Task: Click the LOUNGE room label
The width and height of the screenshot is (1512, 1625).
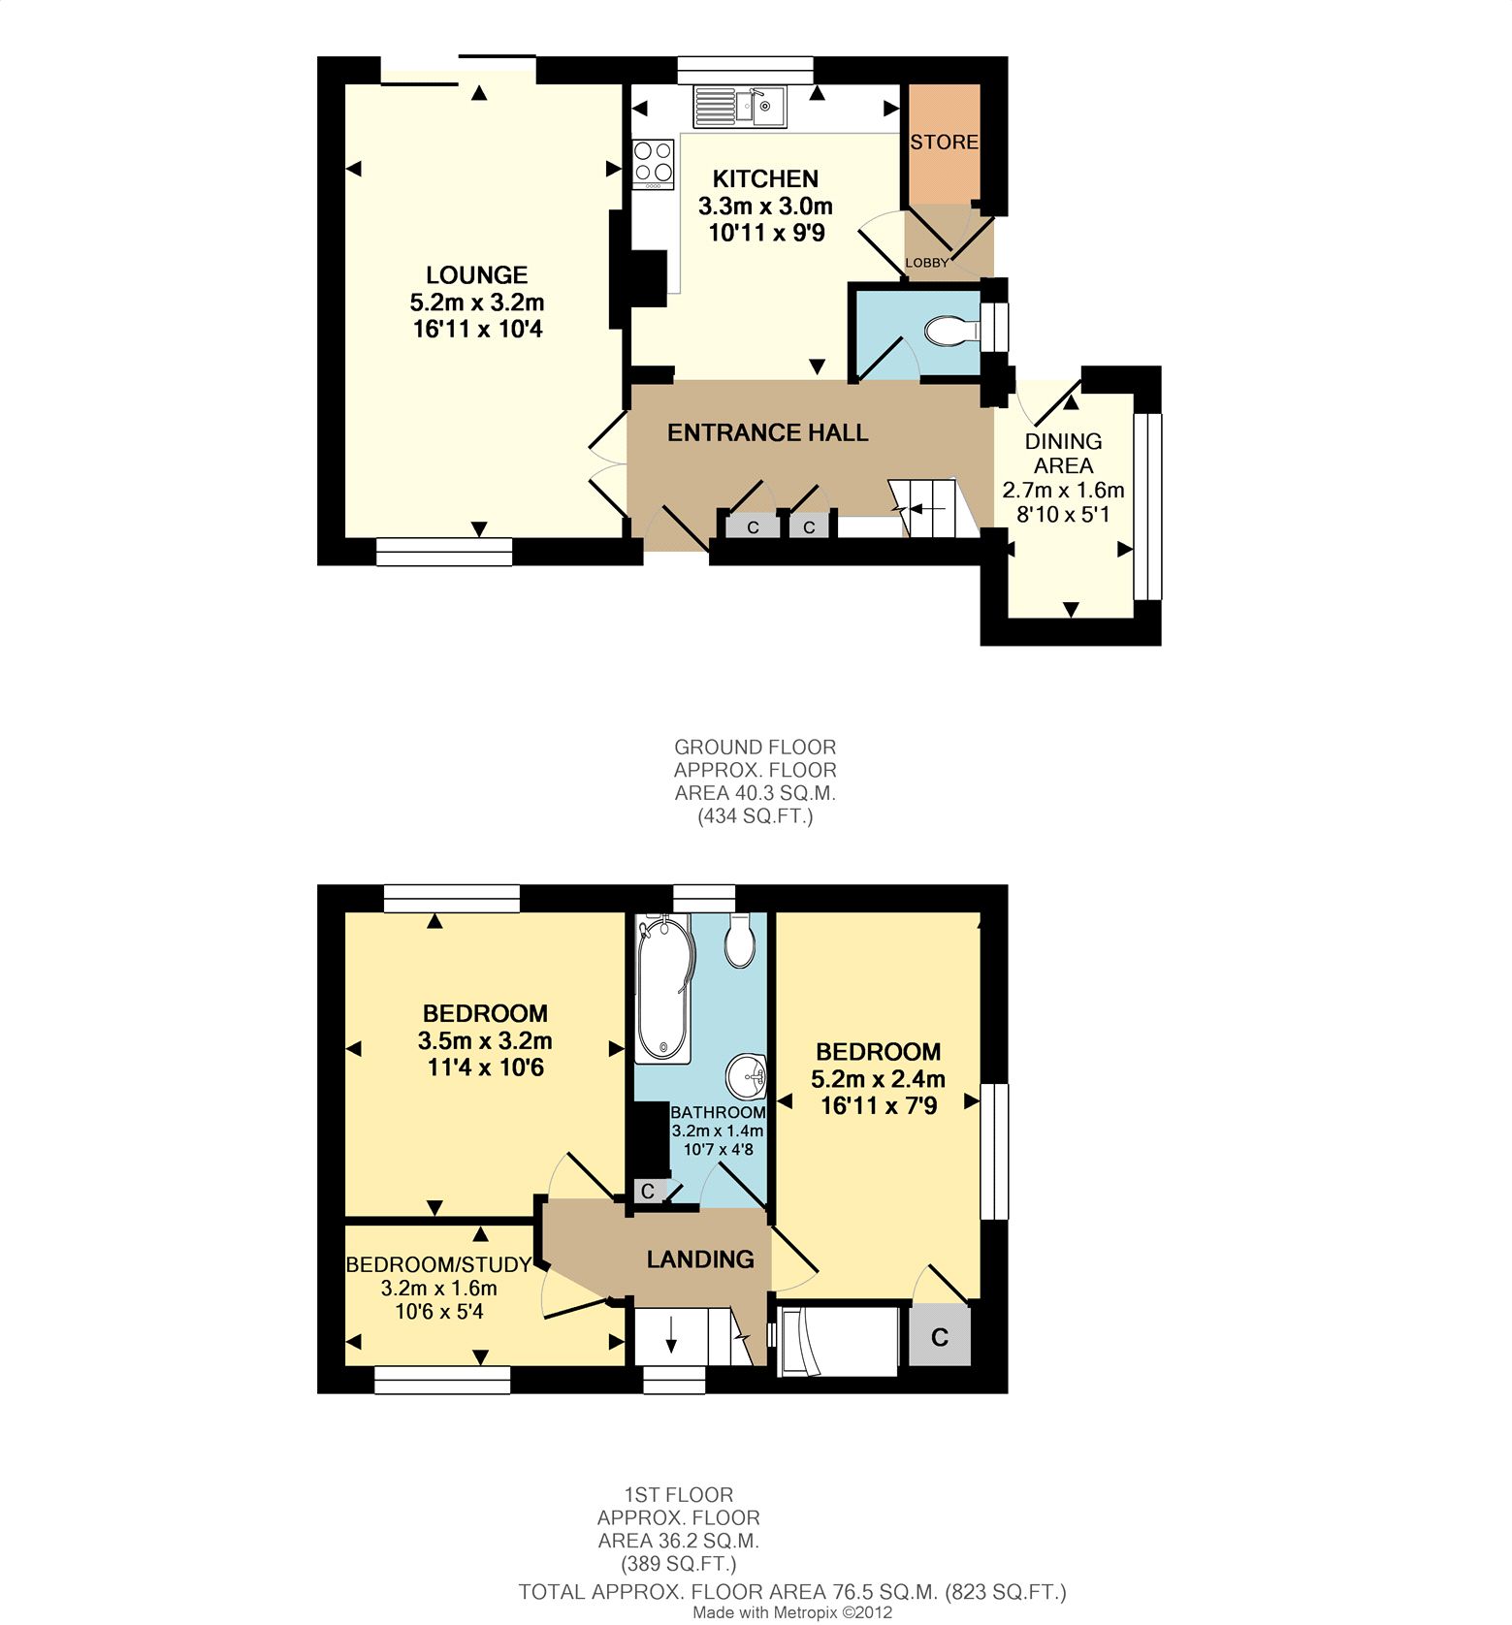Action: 477,275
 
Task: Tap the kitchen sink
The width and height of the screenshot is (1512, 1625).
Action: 739,106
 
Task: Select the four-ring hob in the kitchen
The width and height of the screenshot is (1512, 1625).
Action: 653,165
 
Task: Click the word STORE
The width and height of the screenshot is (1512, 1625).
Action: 944,143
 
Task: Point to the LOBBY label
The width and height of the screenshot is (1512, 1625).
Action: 927,263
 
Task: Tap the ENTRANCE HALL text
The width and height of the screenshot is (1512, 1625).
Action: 767,432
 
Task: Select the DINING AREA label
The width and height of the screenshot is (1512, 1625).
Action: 1063,453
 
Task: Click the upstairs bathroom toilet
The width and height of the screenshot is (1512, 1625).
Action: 741,940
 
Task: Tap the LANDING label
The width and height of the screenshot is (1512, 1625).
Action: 700,1259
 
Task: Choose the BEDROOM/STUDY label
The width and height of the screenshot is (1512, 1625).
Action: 438,1264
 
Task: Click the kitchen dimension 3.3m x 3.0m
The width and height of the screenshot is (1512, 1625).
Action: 766,207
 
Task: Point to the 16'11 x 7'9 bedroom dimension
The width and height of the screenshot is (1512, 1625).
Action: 879,1106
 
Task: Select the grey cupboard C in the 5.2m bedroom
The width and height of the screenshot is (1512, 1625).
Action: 939,1337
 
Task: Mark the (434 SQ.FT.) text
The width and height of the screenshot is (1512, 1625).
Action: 756,816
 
